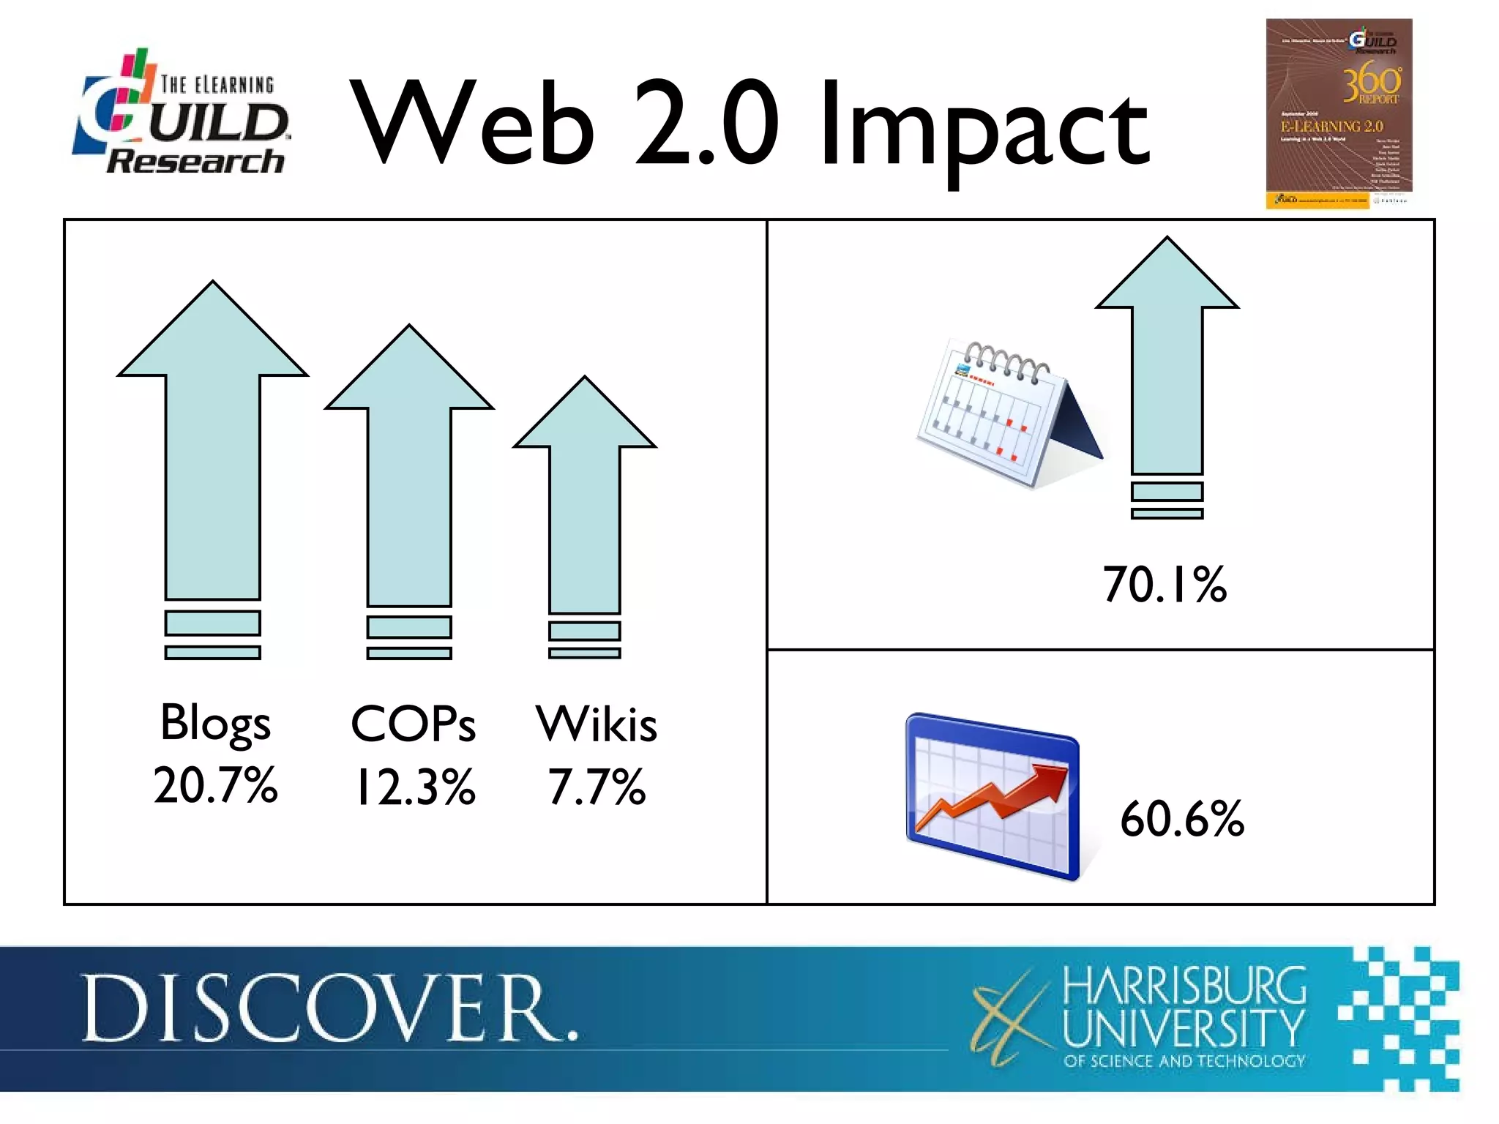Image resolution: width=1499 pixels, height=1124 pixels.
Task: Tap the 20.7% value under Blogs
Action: coord(215,784)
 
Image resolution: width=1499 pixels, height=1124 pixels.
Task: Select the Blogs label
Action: coord(215,723)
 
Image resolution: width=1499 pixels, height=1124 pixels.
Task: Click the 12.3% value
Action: coord(414,787)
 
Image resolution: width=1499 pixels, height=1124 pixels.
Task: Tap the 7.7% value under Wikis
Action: coord(597,787)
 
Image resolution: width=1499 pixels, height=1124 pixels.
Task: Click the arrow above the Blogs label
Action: coord(212,454)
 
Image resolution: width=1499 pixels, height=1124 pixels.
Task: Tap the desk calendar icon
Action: coord(1006,413)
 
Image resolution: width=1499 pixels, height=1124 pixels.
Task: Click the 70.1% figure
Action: coord(1165,585)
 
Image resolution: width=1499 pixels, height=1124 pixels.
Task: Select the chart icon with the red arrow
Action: coord(992,798)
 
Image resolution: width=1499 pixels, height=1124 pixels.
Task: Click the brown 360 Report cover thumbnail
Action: coord(1339,113)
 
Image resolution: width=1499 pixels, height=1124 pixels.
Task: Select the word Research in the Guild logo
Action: coord(195,161)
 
